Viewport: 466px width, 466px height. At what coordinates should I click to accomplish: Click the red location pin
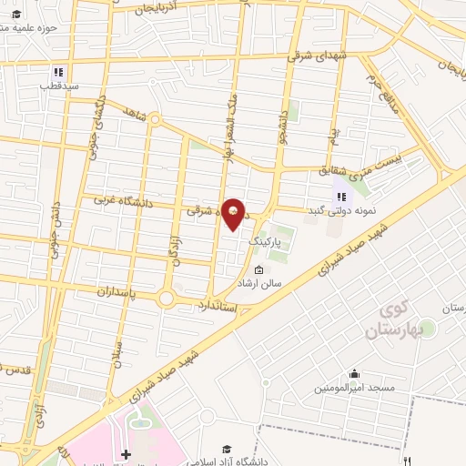pos(234,214)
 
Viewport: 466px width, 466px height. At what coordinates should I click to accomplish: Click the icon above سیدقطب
pos(58,72)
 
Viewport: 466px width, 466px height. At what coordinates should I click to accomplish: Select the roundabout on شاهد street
pos(156,118)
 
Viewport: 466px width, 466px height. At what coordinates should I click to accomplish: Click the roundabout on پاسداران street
pos(166,298)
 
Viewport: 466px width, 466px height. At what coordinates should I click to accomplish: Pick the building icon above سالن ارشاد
pos(260,269)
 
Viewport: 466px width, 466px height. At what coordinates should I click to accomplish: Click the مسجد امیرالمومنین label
pos(356,389)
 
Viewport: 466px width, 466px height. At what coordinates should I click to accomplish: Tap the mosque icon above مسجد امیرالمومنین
pos(354,374)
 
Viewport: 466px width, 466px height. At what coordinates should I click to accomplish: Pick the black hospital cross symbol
pos(127,452)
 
